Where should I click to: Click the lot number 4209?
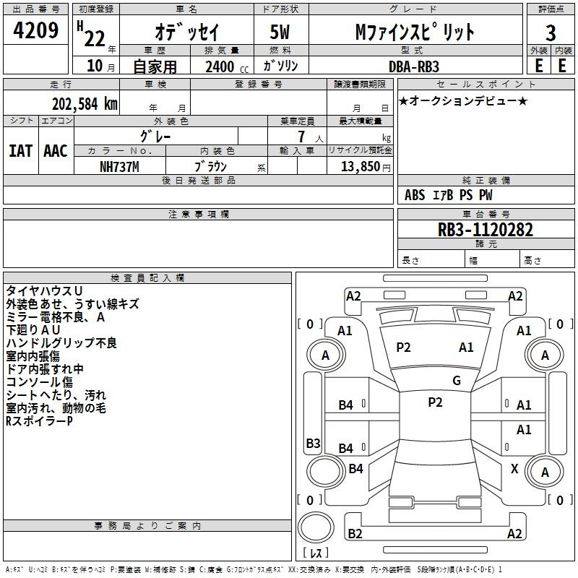coord(35,30)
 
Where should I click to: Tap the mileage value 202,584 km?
coord(85,104)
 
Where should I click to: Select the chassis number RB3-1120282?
coord(485,230)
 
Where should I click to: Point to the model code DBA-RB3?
coord(414,66)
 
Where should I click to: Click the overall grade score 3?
coord(551,33)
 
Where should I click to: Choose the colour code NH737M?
coord(119,167)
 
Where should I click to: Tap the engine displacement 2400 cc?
coord(227,66)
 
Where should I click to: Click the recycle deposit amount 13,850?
coord(360,167)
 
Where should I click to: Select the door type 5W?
coord(280,32)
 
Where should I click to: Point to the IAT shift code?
coord(21,151)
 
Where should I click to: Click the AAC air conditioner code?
coord(56,151)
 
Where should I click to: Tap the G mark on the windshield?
coord(457,381)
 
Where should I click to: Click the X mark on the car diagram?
coord(514,468)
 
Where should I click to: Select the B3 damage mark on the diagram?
coord(314,443)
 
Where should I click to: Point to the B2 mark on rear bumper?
coord(355,533)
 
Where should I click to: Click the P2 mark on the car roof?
coord(435,402)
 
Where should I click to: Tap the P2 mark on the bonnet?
coord(403,348)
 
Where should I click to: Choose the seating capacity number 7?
coord(301,137)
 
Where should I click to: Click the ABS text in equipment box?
coord(415,195)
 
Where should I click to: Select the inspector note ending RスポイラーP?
coord(39,421)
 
